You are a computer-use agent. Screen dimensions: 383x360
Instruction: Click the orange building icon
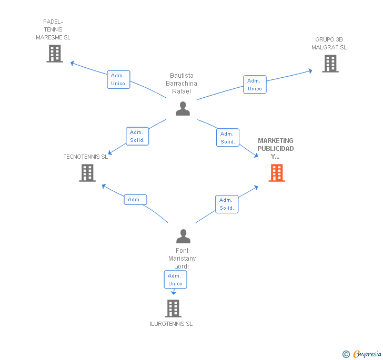pos(277,173)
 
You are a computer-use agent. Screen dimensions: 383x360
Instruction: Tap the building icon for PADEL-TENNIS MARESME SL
pos(55,54)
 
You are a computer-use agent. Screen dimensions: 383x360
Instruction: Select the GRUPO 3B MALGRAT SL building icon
pos(330,64)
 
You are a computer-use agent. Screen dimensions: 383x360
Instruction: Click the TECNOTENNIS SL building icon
pos(87,173)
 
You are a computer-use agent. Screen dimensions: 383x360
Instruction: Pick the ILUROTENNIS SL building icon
pos(173,308)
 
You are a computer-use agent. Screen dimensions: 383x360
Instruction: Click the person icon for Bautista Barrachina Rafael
pos(183,109)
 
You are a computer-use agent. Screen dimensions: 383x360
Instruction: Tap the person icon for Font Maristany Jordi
pos(183,236)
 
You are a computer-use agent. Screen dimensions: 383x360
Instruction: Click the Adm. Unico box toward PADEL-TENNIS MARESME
pos(118,79)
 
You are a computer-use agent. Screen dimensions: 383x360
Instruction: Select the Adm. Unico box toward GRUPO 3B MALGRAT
pos(255,85)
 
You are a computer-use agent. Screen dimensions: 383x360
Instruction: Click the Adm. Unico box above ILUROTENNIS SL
pos(175,280)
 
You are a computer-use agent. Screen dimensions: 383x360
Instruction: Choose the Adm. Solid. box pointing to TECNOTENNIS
pos(137,136)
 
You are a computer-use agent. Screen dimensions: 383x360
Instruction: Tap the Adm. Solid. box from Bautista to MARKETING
pos(228,137)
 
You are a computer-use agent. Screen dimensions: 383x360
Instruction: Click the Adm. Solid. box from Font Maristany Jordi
pos(227,204)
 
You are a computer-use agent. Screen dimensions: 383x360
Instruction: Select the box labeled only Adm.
pos(135,199)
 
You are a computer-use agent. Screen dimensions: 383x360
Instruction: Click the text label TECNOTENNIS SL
pos(85,157)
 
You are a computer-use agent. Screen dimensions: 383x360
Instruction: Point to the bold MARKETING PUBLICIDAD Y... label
pos(276,148)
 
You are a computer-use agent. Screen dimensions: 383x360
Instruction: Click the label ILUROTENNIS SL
pos(171,324)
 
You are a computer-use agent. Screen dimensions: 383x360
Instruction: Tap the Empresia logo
pos(362,354)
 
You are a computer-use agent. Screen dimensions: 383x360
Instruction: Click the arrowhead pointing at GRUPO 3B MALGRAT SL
pos(310,71)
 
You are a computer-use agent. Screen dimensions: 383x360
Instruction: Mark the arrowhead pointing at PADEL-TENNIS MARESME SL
pos(72,63)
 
